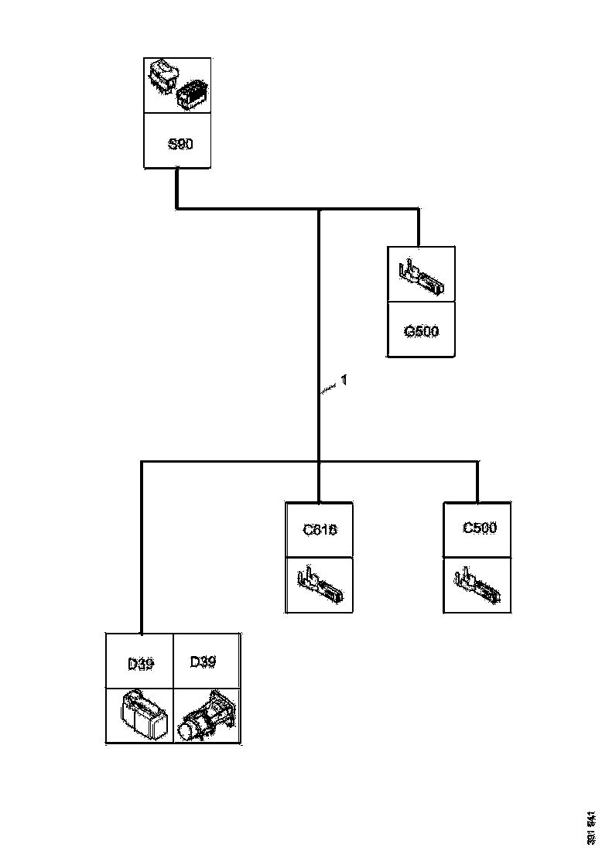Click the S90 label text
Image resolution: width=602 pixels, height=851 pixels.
[x=180, y=144]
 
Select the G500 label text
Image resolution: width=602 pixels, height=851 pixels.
[x=421, y=332]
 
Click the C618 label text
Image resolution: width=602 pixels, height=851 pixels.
[x=320, y=530]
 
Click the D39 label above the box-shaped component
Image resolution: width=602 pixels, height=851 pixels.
[x=140, y=663]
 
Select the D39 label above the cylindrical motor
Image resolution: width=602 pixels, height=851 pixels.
[x=203, y=661]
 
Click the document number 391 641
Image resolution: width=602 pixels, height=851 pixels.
[x=592, y=827]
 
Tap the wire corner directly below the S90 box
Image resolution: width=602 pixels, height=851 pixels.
[x=177, y=208]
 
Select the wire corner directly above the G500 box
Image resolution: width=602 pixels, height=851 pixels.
[x=419, y=209]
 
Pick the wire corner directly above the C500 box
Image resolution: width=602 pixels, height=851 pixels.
[x=477, y=462]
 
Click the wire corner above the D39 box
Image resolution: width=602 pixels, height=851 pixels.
[x=142, y=462]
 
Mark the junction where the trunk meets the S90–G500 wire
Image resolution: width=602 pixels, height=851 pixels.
[x=319, y=209]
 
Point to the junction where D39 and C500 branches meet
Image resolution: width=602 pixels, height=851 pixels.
[x=319, y=462]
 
